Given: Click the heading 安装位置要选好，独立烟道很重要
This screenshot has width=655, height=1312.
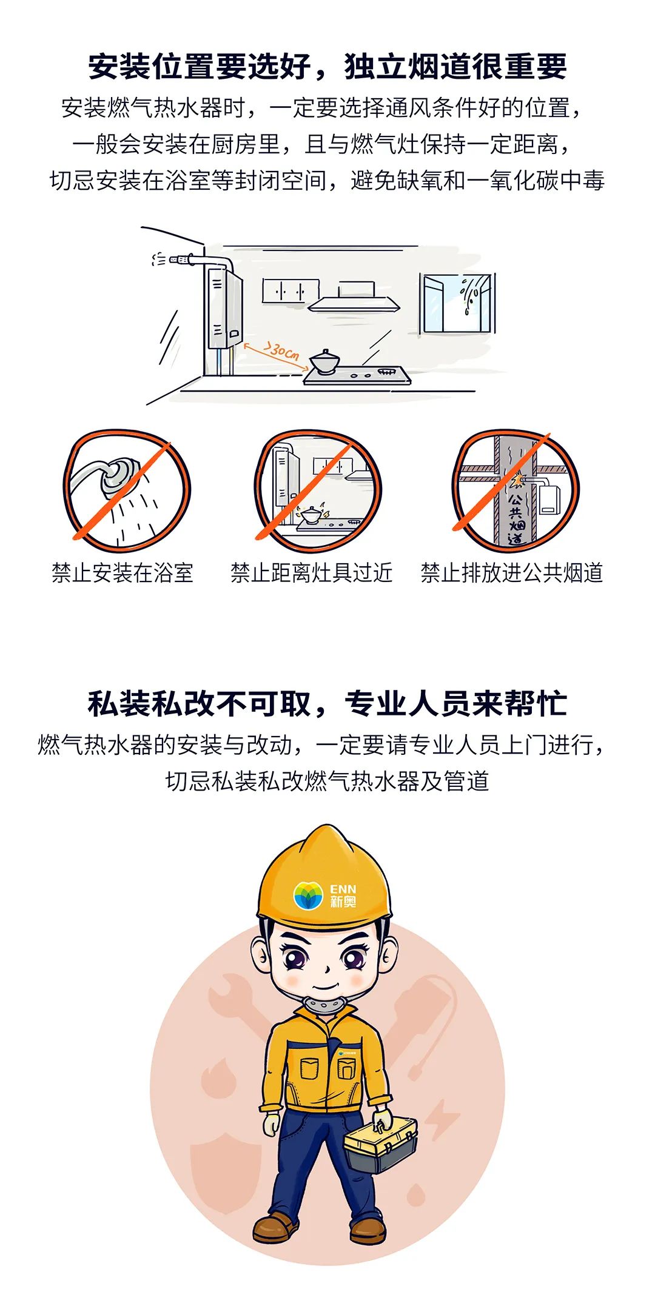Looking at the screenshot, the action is (x=327, y=66).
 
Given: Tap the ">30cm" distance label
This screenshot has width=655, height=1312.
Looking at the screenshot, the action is (x=283, y=350).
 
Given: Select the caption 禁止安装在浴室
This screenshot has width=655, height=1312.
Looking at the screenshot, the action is (x=122, y=573).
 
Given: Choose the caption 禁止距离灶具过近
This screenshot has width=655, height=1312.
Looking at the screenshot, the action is (x=312, y=573).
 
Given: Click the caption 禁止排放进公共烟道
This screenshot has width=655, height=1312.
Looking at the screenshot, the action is (x=512, y=573).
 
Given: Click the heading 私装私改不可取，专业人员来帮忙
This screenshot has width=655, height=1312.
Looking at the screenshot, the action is (x=327, y=704).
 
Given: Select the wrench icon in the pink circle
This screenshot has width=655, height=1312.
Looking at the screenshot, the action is (x=233, y=1001).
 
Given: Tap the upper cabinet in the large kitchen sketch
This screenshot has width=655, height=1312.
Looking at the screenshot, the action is (x=291, y=290).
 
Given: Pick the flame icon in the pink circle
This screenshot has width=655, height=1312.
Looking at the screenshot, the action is (x=218, y=1079).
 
